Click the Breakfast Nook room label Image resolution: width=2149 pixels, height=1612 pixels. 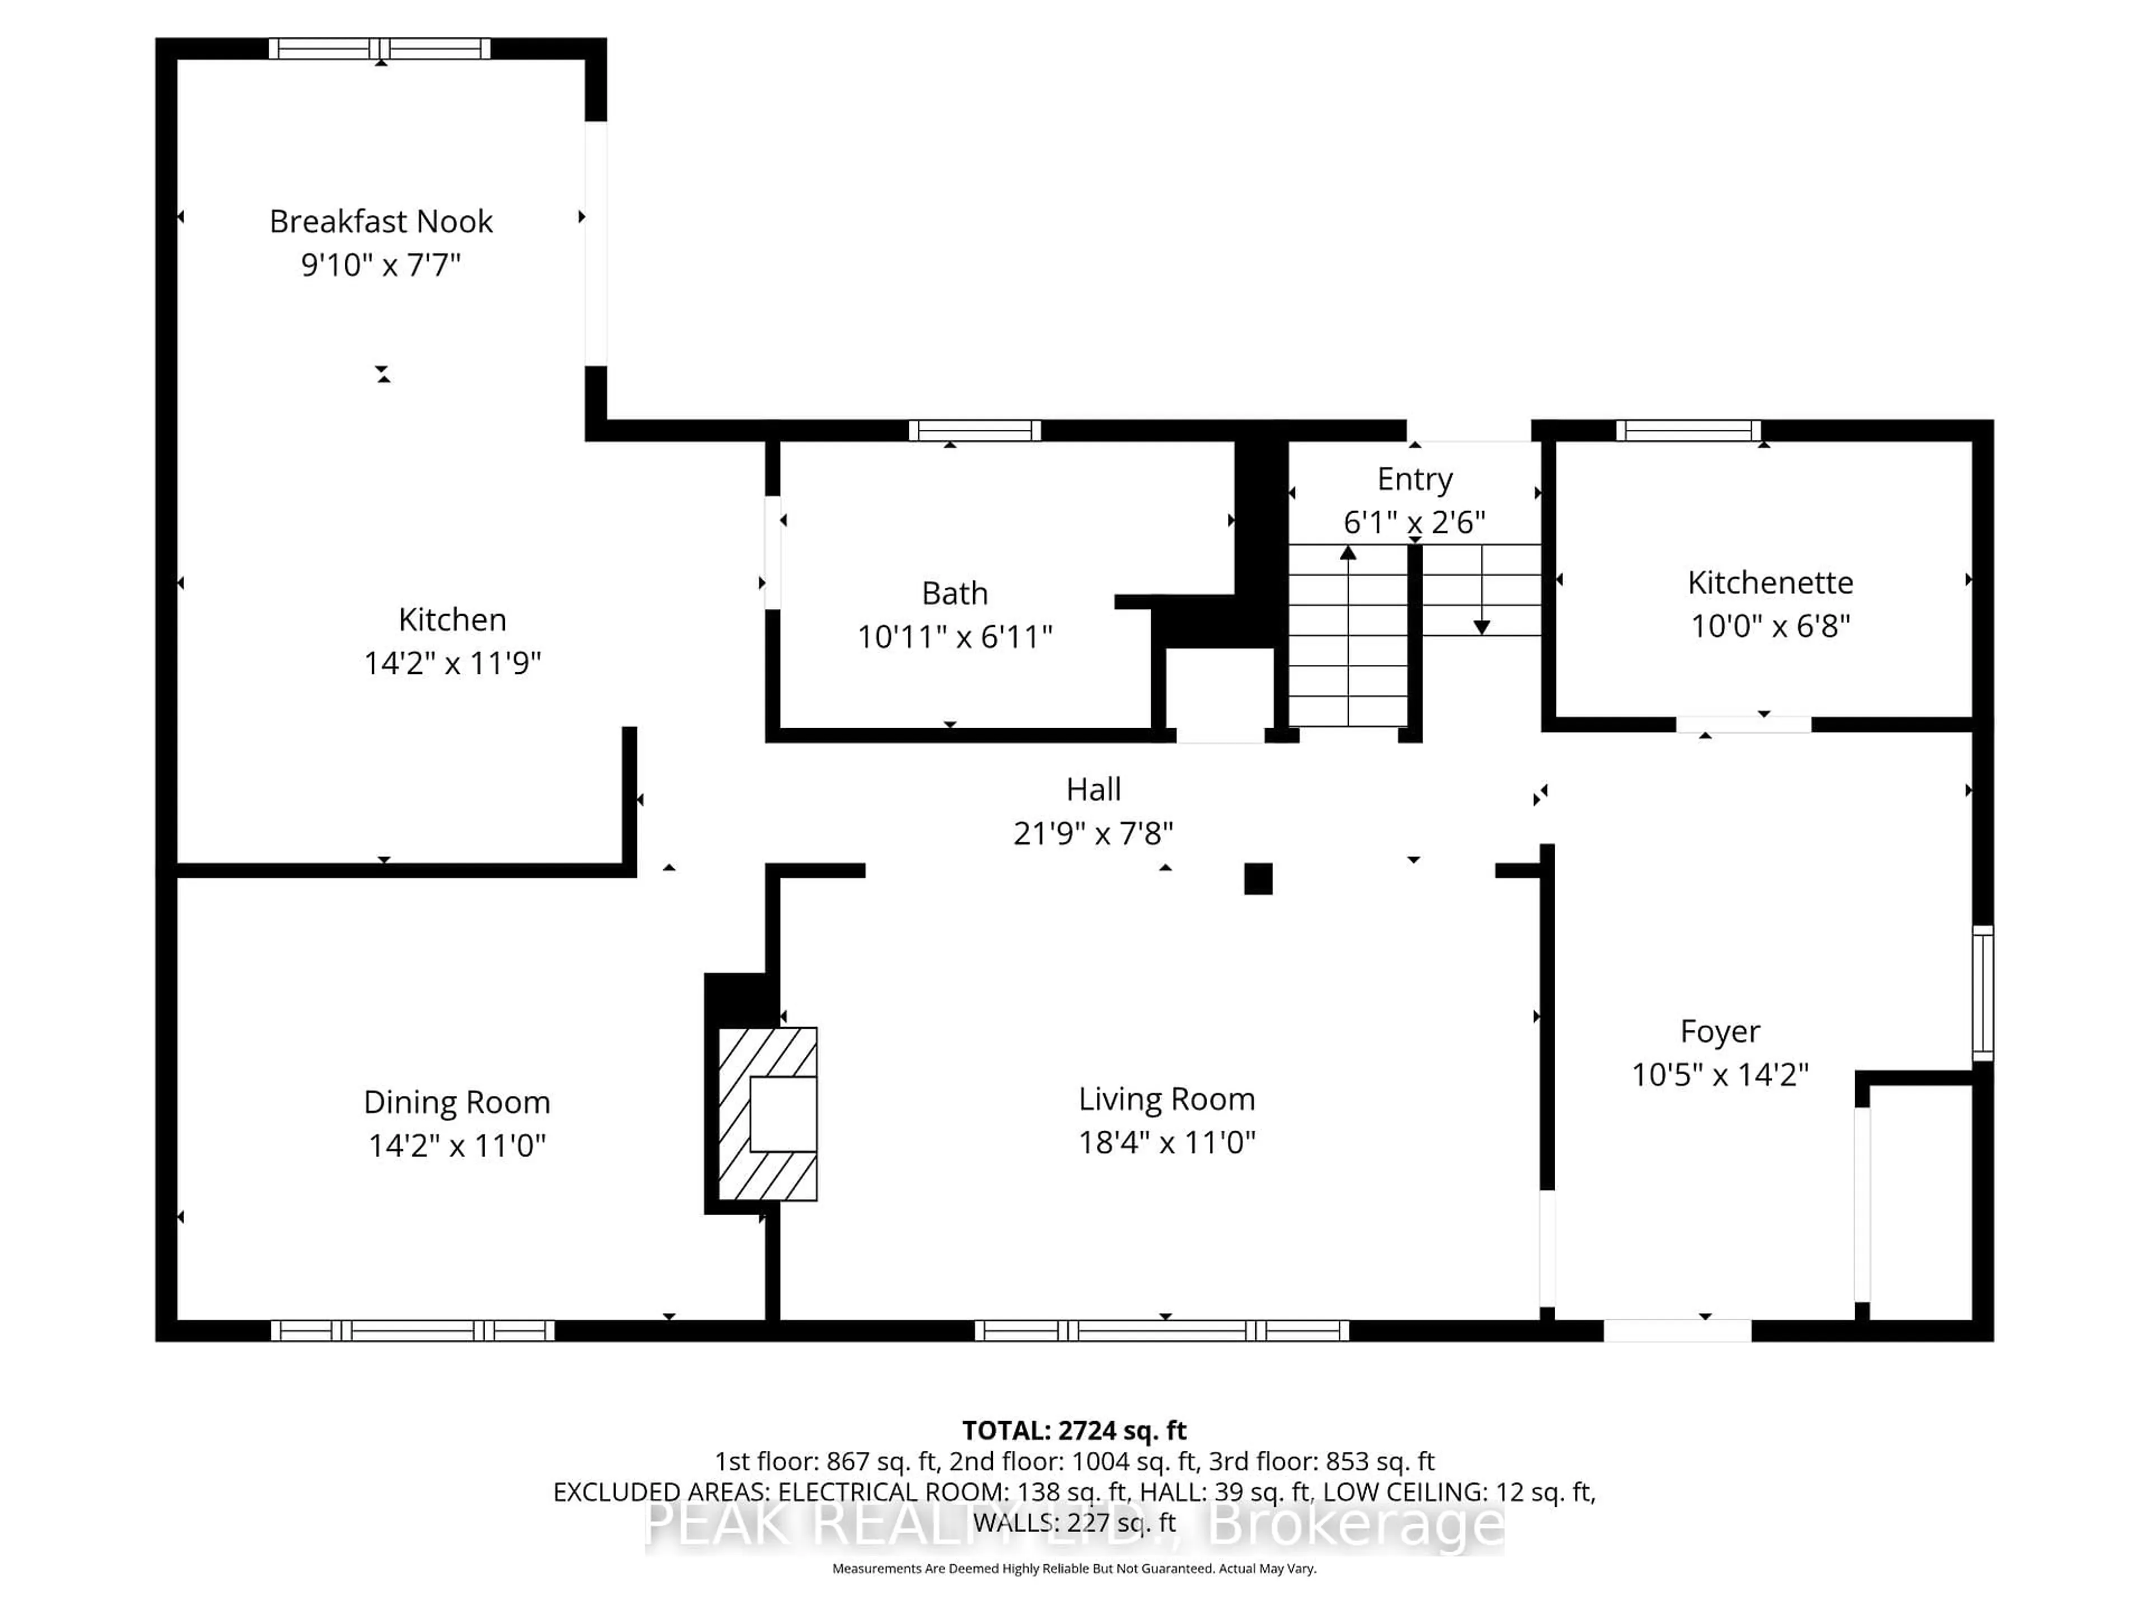[381, 222]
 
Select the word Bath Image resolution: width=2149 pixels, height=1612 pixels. [954, 593]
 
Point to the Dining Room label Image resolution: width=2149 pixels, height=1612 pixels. [457, 1102]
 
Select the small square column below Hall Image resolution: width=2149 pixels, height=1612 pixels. [1258, 878]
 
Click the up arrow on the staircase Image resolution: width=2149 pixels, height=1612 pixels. [1348, 554]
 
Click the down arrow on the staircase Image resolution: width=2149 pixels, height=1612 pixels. [1481, 627]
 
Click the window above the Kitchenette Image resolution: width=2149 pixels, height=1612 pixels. [1688, 430]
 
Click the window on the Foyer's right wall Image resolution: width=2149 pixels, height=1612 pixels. [1983, 992]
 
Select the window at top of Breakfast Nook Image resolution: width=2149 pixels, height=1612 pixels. [380, 49]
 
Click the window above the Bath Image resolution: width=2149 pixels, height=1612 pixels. [974, 430]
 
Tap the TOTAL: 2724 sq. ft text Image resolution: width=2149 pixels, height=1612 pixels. [1073, 1430]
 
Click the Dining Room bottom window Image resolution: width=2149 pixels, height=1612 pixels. [413, 1330]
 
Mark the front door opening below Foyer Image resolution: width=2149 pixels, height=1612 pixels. [1677, 1330]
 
